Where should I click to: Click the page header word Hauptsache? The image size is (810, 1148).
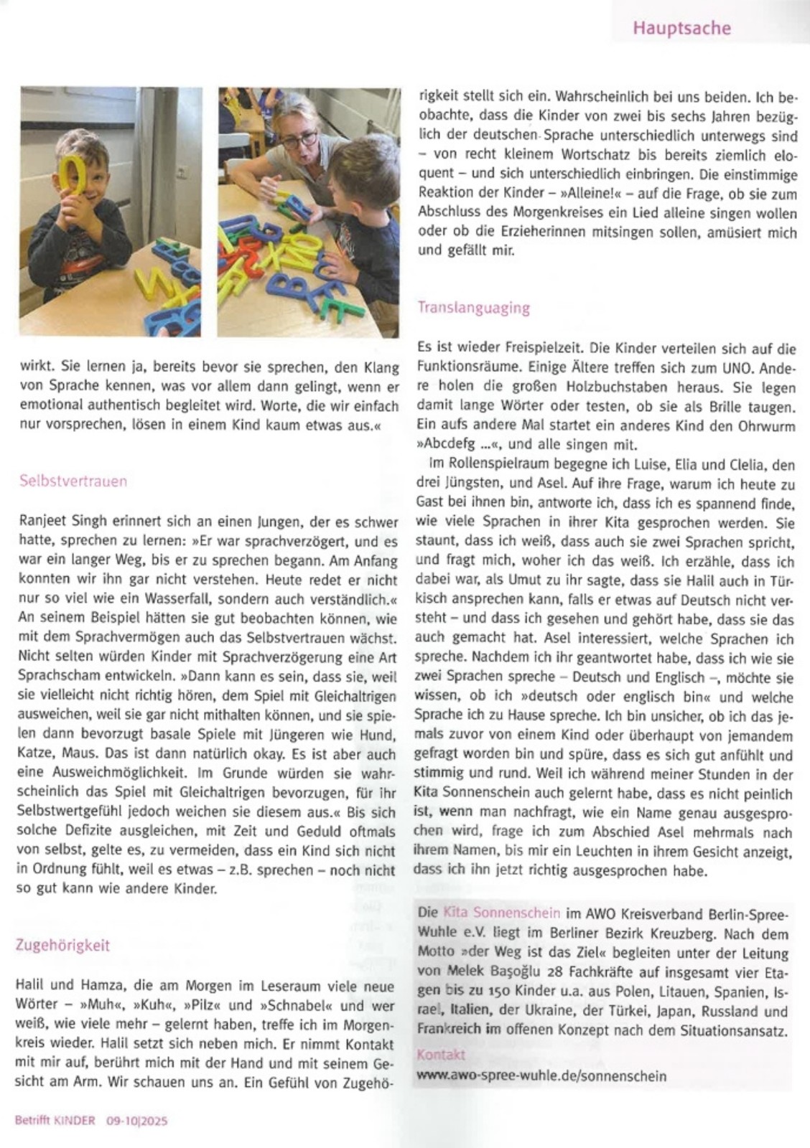pyautogui.click(x=681, y=29)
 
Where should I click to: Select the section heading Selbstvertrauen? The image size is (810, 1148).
pyautogui.click(x=73, y=481)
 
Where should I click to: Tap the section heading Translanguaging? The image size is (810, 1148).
pyautogui.click(x=474, y=308)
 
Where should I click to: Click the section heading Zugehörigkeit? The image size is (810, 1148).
pyautogui.click(x=63, y=945)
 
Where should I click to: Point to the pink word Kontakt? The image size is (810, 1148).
pyautogui.click(x=441, y=1055)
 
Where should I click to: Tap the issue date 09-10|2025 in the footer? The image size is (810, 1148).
pyautogui.click(x=137, y=1120)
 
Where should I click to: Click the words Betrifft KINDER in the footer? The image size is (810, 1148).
pyautogui.click(x=55, y=1120)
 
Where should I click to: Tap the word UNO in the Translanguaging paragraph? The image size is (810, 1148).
pyautogui.click(x=719, y=369)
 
